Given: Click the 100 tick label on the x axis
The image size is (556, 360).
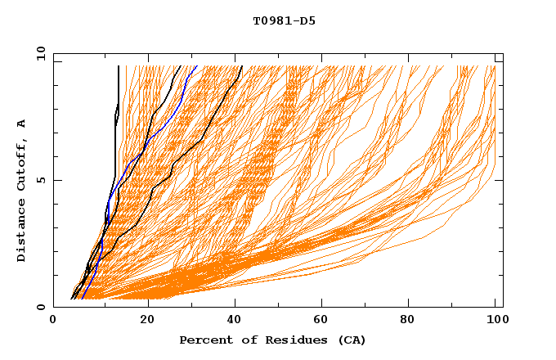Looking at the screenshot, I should click(495, 320).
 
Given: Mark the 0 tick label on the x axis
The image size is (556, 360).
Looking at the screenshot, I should click(53, 320).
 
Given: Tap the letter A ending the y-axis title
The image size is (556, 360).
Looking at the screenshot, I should click(21, 124).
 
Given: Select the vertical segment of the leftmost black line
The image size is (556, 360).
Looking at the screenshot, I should click(119, 90).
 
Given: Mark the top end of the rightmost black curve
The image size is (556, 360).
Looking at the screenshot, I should click(241, 65).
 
